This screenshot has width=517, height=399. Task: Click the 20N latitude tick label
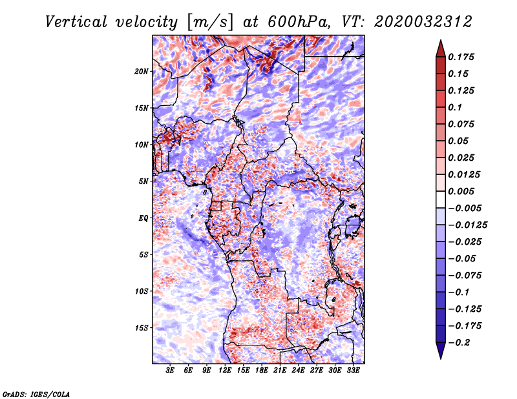click(141, 72)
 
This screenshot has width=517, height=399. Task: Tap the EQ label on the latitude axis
click(143, 218)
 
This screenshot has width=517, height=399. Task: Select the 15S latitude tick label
click(141, 328)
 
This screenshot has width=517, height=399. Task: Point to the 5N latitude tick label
click(143, 181)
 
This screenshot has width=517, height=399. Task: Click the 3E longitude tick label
click(170, 371)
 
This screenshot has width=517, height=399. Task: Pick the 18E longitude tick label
click(262, 371)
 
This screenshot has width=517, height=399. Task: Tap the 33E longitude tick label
click(353, 371)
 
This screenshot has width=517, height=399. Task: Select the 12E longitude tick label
click(225, 371)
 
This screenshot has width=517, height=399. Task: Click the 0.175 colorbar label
click(461, 57)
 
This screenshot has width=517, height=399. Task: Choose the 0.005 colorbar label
click(461, 191)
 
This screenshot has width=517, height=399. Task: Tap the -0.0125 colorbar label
click(467, 225)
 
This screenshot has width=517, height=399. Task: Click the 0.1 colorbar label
click(455, 107)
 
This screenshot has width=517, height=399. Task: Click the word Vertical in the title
click(76, 22)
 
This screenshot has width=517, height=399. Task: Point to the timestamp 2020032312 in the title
click(423, 22)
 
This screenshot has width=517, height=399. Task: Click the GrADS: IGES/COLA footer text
click(36, 394)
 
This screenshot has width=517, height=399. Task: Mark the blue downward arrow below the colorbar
click(441, 351)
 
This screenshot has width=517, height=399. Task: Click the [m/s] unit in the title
click(210, 22)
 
